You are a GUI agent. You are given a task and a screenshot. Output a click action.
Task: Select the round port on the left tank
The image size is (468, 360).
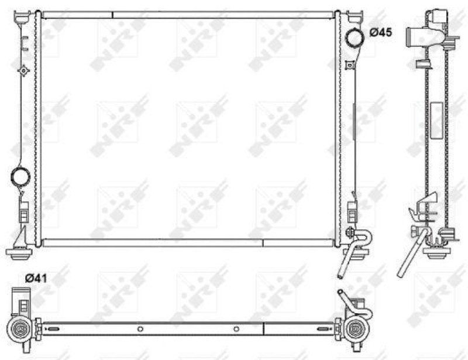tap(20, 175)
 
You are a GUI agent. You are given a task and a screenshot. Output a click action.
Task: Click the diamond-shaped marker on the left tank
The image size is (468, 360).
tap(23, 71)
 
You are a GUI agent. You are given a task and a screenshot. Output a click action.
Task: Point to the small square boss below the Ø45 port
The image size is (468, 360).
tap(350, 64)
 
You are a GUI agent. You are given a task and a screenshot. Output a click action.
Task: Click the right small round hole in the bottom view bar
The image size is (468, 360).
tap(235, 328)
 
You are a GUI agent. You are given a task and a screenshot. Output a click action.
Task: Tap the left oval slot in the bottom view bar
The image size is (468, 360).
tap(52, 328)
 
